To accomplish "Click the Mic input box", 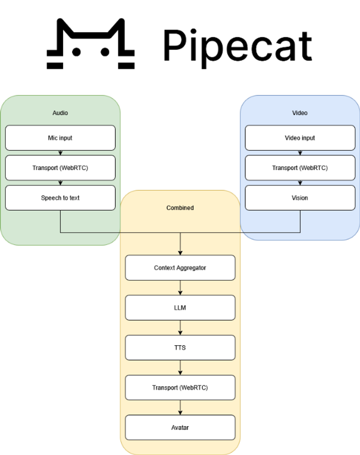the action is coord(60,138).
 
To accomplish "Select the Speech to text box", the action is coord(60,198).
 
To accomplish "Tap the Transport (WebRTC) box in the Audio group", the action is coord(60,168).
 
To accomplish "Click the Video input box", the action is coord(300,138).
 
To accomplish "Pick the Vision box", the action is coord(300,198).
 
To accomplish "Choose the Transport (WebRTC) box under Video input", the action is coord(300,168).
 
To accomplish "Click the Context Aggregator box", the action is coord(180,268).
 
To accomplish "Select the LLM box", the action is coord(180,307).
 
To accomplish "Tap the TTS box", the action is coord(180,347).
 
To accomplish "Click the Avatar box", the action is coord(180,428).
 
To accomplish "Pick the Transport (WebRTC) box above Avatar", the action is coord(180,387).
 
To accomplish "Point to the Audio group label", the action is coord(60,113).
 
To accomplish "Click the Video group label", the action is coord(300,113).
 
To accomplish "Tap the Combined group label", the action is coord(180,208).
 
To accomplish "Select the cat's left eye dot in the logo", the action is coord(76,52).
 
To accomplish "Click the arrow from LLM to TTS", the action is coord(180,328).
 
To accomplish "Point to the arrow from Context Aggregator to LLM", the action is coord(180,288).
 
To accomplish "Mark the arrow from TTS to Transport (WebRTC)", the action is coord(180,368).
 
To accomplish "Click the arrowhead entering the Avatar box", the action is coord(180,413).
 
